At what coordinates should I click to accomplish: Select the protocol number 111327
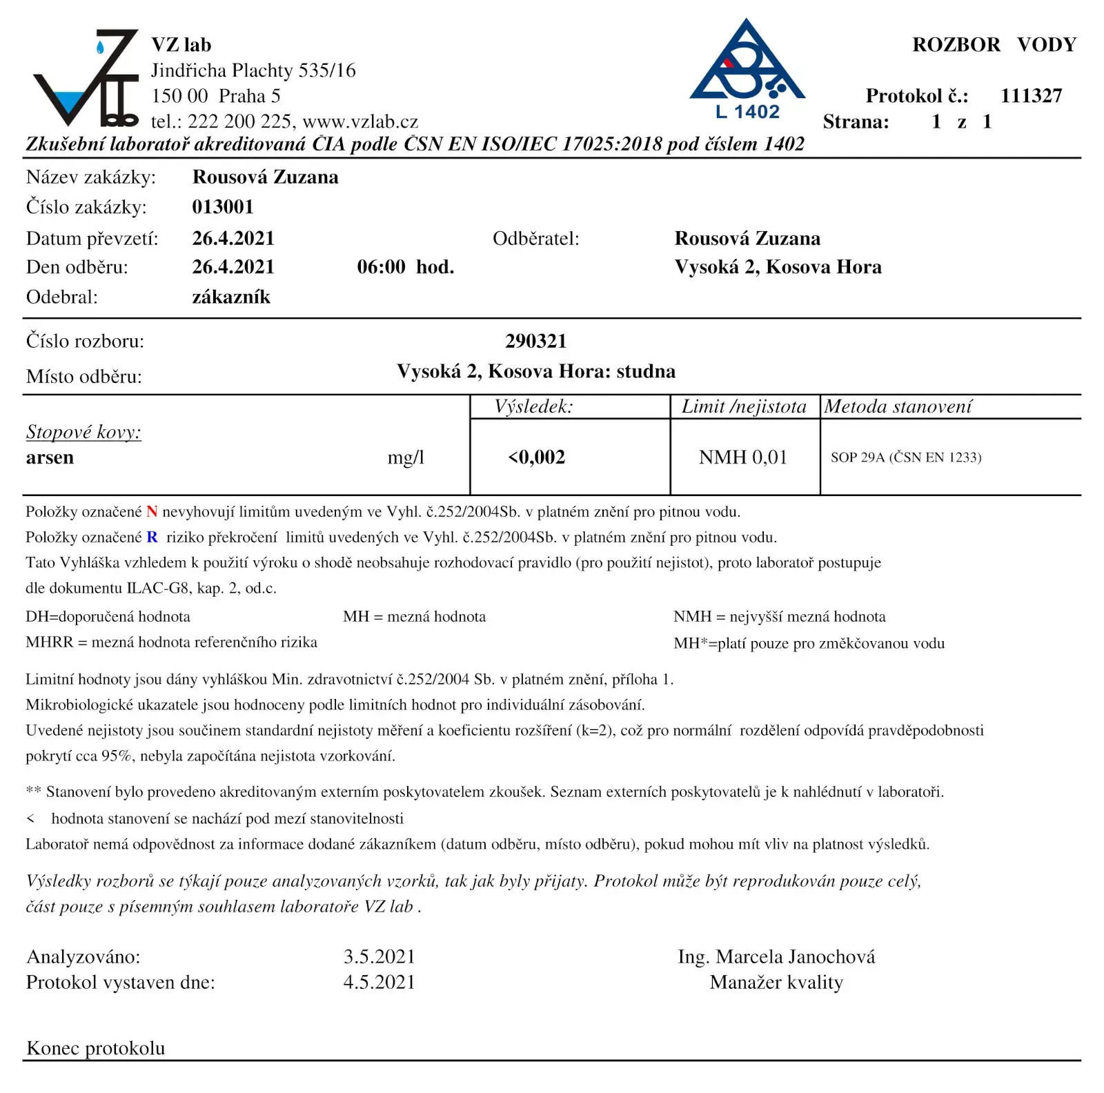(1031, 96)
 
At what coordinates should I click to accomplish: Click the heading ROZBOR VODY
(994, 45)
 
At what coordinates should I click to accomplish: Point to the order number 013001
(223, 207)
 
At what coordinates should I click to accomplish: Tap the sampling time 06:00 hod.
(405, 267)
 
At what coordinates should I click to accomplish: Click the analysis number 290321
(535, 341)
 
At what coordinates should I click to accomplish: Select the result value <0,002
(537, 457)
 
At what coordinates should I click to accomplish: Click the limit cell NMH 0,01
(743, 457)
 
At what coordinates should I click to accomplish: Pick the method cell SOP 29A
(905, 457)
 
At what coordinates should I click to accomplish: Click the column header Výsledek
(533, 406)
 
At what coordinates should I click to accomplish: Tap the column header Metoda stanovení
(898, 406)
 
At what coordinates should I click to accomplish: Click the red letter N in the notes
(152, 512)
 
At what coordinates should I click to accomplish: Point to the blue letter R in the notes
(152, 538)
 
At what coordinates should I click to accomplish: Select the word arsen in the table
(50, 457)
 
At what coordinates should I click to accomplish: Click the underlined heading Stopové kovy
(83, 432)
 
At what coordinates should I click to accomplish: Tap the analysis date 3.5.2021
(379, 956)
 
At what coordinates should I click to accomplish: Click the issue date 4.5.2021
(379, 982)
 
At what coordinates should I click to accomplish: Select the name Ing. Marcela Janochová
(776, 956)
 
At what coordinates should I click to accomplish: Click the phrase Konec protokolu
(95, 1048)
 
